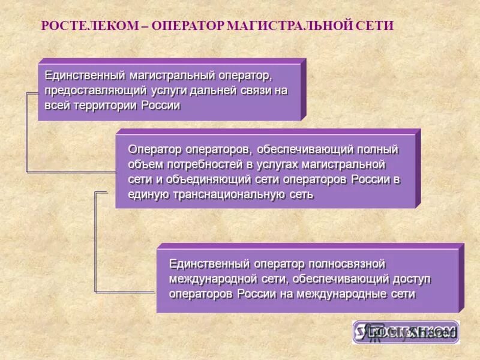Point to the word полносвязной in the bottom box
pos(346,264)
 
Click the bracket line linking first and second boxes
pos(27,132)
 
